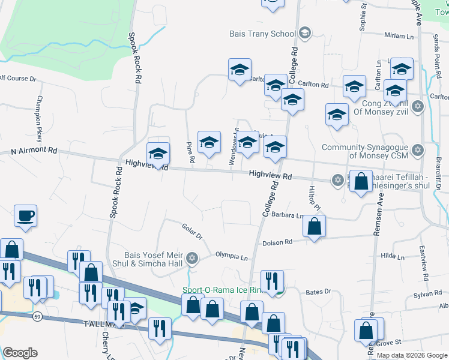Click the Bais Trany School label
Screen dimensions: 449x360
click(x=262, y=34)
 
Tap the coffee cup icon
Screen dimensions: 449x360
click(x=25, y=215)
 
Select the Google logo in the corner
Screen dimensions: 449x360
click(x=20, y=353)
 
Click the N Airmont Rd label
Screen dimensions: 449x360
click(x=34, y=151)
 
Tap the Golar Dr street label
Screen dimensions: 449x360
click(x=192, y=229)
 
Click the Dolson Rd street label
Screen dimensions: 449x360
click(x=277, y=242)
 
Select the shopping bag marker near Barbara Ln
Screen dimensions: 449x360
click(x=313, y=227)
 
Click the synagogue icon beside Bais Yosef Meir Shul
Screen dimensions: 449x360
click(x=192, y=259)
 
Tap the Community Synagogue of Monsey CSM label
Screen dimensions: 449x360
click(x=365, y=152)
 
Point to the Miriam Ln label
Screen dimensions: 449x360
click(x=399, y=36)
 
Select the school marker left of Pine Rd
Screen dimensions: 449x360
click(x=158, y=154)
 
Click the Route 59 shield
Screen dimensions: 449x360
click(x=37, y=316)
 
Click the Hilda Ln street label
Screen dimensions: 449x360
click(x=393, y=256)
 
